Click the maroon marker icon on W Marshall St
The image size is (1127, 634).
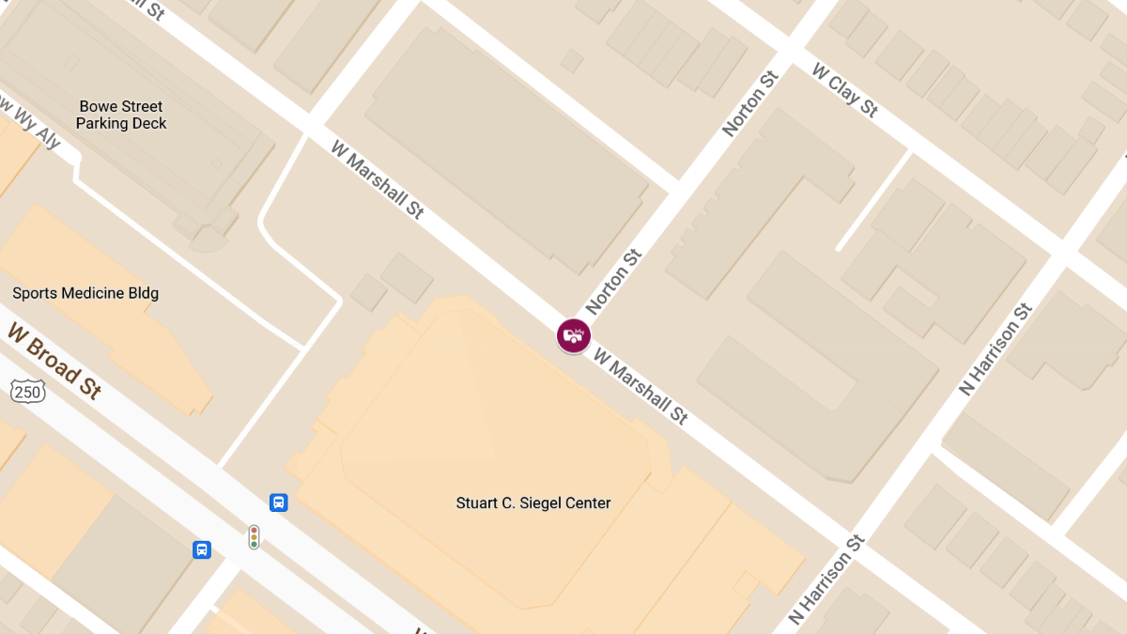click(x=573, y=335)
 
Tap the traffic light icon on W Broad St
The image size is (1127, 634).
click(x=254, y=536)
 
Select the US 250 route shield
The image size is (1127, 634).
click(x=28, y=392)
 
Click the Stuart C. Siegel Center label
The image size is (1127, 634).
click(x=533, y=503)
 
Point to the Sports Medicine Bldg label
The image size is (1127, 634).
click(x=85, y=293)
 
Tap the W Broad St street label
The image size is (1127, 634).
click(x=54, y=361)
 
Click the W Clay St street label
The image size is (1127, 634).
click(x=845, y=90)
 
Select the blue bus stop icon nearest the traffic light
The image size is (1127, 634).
click(x=278, y=503)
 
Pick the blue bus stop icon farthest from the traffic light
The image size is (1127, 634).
click(x=201, y=549)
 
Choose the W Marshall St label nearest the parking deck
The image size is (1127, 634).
click(x=378, y=179)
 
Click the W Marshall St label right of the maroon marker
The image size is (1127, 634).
click(x=641, y=388)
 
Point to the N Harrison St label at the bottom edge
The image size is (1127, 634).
click(x=826, y=580)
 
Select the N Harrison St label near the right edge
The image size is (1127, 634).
click(x=996, y=349)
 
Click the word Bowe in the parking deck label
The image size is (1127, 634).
click(x=97, y=107)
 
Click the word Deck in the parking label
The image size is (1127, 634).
click(x=149, y=124)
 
